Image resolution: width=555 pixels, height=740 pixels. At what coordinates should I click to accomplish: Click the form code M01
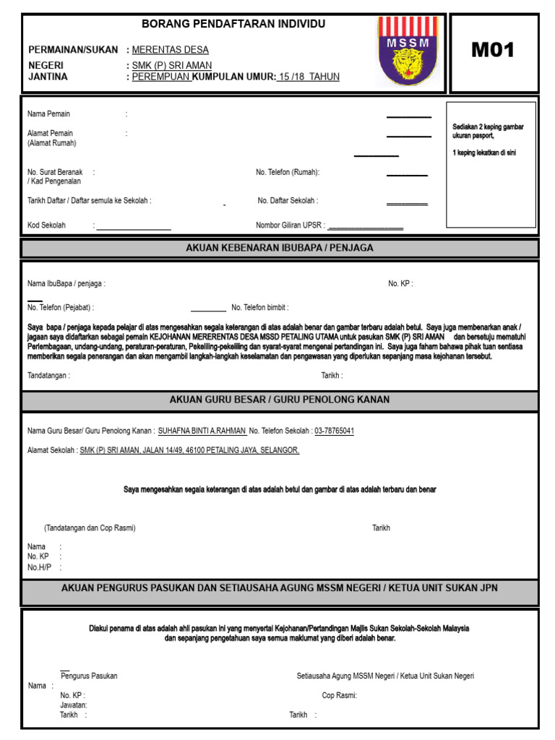tap(493, 51)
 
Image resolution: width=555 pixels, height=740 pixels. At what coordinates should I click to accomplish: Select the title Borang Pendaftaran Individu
tap(233, 24)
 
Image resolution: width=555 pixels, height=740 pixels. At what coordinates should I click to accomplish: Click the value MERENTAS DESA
tap(171, 50)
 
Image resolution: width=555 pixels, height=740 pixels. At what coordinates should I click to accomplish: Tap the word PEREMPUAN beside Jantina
tap(162, 77)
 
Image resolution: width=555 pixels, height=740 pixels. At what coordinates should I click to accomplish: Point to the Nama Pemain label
tap(48, 114)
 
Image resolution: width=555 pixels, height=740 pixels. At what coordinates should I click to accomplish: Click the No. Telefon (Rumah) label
tap(288, 173)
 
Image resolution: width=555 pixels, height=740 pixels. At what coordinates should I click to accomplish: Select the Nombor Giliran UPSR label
tap(290, 225)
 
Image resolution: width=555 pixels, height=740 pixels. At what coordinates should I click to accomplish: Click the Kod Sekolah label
tap(46, 225)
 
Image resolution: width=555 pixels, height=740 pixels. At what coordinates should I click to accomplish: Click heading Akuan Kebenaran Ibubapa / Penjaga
tap(280, 249)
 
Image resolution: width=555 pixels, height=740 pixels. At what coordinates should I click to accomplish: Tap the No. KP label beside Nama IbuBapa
tap(400, 284)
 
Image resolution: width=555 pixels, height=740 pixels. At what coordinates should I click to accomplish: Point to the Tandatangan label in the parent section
tap(48, 376)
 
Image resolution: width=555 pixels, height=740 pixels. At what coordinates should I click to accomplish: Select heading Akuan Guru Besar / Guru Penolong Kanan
tap(280, 400)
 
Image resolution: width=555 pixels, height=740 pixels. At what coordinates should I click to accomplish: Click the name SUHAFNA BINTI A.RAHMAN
tap(202, 431)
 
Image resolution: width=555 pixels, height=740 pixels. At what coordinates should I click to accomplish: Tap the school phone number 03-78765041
tap(334, 431)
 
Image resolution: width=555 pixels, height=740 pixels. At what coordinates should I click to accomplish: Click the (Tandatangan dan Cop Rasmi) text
tap(90, 528)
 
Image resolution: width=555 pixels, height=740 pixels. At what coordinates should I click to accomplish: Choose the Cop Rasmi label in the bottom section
tap(339, 696)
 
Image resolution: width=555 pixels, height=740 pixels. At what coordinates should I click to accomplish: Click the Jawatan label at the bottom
tap(74, 705)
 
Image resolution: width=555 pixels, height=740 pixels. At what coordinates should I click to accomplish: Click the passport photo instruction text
tap(487, 131)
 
